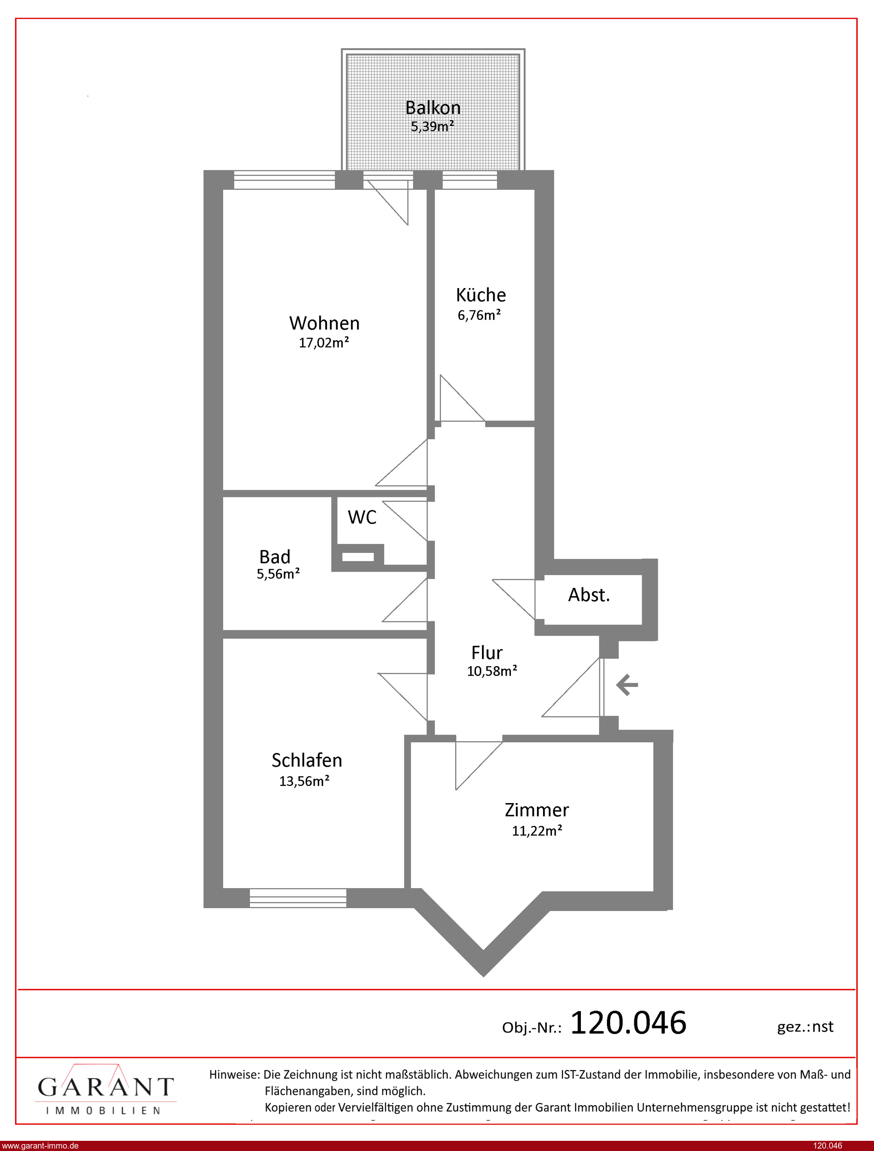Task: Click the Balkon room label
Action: tap(433, 108)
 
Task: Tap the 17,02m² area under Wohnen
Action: tap(324, 343)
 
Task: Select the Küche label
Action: tap(481, 295)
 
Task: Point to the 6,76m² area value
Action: tap(479, 315)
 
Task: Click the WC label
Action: tap(362, 517)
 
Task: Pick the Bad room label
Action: tap(275, 557)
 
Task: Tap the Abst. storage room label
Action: tap(589, 594)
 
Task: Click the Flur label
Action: tap(487, 652)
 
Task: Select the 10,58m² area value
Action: tap(492, 671)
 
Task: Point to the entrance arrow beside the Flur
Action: tap(627, 684)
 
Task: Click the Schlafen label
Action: tap(307, 760)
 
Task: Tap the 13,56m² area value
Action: tap(304, 781)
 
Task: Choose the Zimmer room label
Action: tap(537, 810)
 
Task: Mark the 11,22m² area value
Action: tap(537, 830)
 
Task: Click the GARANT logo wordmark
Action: tap(105, 1087)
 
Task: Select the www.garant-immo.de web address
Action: tap(40, 1146)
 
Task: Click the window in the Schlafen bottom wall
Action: tap(298, 898)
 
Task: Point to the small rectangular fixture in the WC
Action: tap(358, 557)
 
